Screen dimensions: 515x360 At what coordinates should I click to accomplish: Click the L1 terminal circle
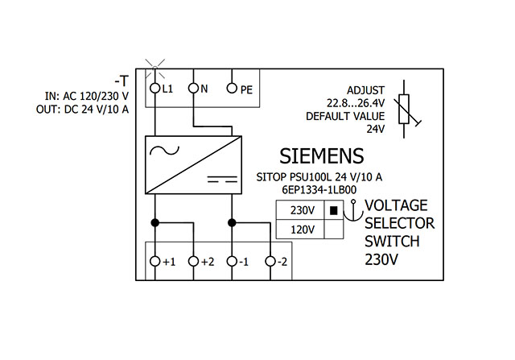tap(154, 88)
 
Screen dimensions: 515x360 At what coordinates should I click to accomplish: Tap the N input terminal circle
tap(193, 88)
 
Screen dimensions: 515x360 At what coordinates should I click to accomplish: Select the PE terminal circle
tap(232, 88)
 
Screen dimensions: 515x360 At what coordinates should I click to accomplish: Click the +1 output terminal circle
tap(154, 262)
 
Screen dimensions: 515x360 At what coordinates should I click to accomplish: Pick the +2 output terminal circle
tap(193, 262)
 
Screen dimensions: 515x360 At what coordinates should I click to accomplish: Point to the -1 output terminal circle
tap(232, 262)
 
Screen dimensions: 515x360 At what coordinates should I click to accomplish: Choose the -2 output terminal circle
tap(270, 262)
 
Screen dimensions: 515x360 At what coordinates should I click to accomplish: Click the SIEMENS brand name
tap(322, 155)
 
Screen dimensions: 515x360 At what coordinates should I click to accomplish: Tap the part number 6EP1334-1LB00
tap(319, 190)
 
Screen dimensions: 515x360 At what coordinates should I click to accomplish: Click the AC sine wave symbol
tap(164, 151)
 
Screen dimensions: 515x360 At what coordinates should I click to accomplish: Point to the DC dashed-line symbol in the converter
tap(222, 180)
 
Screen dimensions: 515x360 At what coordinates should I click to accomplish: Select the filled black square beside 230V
tap(334, 210)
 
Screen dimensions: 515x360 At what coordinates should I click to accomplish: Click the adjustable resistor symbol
tap(406, 110)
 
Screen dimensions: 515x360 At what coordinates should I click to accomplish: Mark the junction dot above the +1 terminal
tap(155, 222)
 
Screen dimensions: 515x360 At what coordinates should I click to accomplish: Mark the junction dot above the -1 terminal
tap(232, 222)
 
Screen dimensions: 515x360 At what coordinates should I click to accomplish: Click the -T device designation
tap(122, 81)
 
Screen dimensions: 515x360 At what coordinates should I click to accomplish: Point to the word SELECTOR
tap(399, 224)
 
